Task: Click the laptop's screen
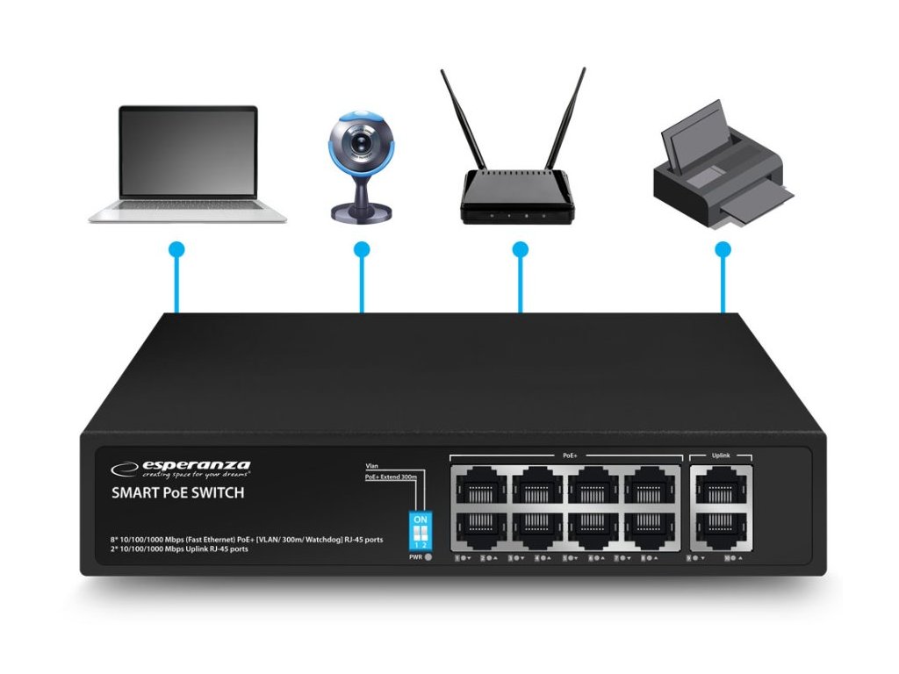(188, 152)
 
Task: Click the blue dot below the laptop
(176, 250)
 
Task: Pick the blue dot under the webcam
(362, 250)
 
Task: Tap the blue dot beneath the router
(521, 250)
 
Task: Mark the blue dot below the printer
(723, 250)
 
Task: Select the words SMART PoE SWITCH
(177, 493)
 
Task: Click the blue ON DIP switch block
(420, 532)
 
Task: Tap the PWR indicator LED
(428, 557)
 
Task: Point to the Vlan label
(372, 465)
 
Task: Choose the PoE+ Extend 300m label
(390, 476)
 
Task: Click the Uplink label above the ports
(721, 455)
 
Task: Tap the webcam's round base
(360, 211)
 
